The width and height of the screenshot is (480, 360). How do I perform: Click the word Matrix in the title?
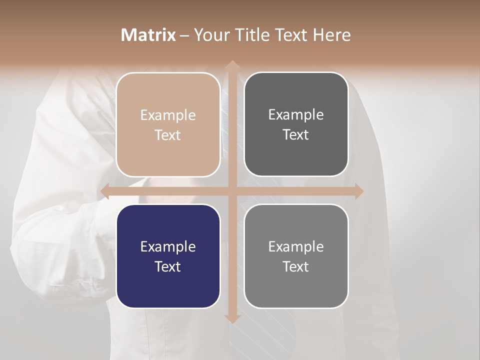pyautogui.click(x=148, y=35)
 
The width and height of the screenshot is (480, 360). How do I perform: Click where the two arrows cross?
pyautogui.click(x=231, y=191)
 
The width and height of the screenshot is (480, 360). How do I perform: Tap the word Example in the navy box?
pyautogui.click(x=168, y=246)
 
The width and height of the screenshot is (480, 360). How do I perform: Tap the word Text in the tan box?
pyautogui.click(x=168, y=135)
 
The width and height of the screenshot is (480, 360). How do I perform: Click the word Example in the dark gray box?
pyautogui.click(x=296, y=114)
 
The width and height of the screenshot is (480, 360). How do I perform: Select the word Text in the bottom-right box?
pyautogui.click(x=296, y=266)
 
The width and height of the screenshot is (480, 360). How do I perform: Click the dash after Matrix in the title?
pyautogui.click(x=184, y=35)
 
